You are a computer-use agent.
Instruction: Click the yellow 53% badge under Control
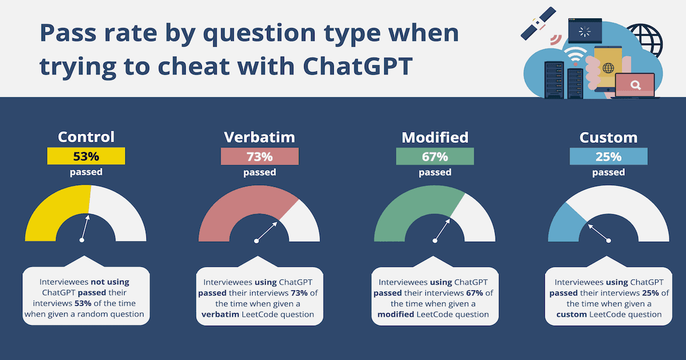86,156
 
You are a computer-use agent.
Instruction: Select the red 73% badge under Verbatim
260,156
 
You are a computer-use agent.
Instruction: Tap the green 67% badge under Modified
434,156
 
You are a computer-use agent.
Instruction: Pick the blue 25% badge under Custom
608,156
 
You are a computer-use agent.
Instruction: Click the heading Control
86,137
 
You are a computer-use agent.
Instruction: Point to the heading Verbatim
260,137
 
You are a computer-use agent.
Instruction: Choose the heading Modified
434,137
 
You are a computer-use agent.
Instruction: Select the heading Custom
608,137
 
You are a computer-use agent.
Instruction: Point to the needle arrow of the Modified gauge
442,229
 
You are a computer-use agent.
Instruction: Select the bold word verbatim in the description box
217,314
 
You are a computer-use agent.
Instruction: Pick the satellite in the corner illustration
537,23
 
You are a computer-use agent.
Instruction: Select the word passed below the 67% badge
434,172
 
